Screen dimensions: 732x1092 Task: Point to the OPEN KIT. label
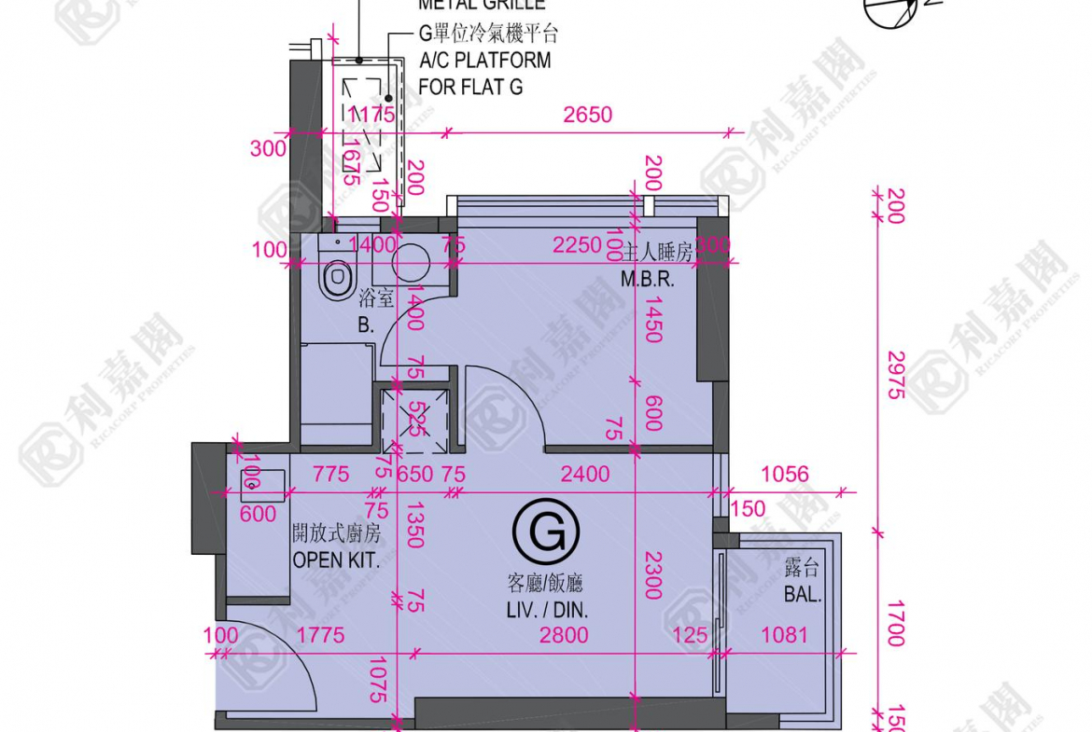pos(336,559)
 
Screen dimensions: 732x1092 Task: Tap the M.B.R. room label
pos(647,279)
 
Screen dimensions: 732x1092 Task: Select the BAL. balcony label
pos(802,594)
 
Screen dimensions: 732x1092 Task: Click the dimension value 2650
pos(587,115)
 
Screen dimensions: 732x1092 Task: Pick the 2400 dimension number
pos(583,475)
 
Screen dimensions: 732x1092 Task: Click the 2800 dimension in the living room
pos(564,636)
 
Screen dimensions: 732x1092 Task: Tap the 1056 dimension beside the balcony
pos(784,475)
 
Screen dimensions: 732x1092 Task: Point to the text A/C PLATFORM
pos(484,61)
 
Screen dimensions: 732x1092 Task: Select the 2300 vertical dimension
pos(652,573)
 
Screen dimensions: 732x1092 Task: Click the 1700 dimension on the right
pos(894,623)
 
